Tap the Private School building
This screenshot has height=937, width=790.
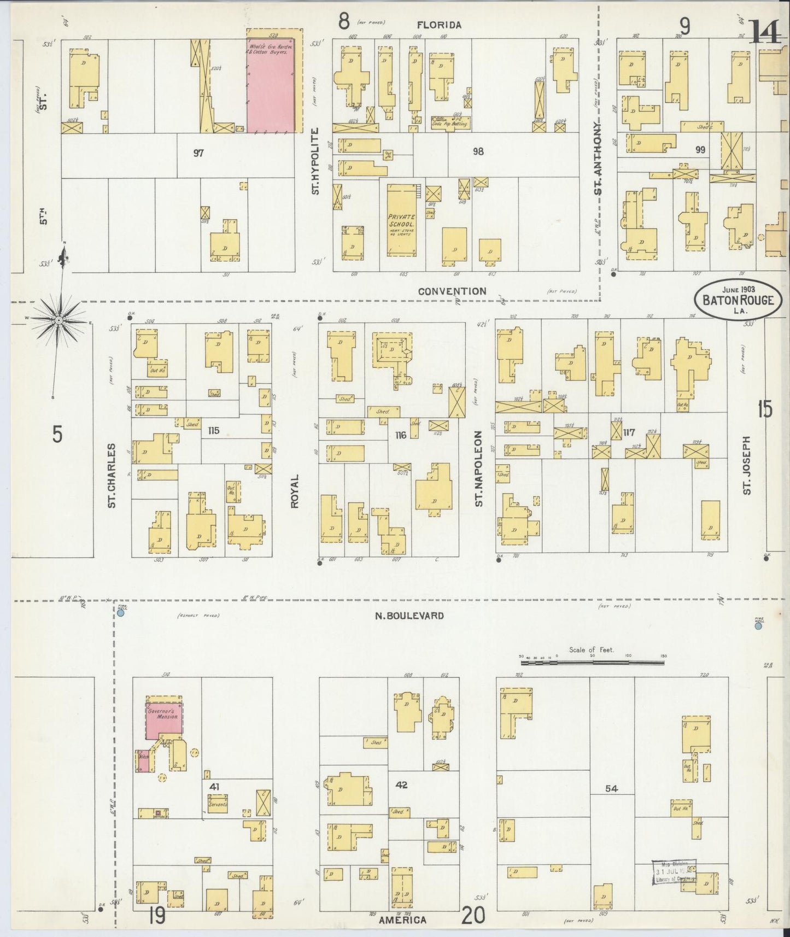(402, 220)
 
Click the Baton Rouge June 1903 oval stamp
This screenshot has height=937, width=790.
(738, 298)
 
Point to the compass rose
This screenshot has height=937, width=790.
(59, 319)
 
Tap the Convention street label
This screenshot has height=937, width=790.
(452, 291)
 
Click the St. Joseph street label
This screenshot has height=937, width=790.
(747, 465)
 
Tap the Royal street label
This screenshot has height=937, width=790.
(295, 491)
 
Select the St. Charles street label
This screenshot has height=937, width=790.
(112, 475)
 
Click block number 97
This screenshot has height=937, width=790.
(198, 153)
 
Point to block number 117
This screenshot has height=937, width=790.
(628, 433)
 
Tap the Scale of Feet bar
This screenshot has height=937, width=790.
(592, 661)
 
